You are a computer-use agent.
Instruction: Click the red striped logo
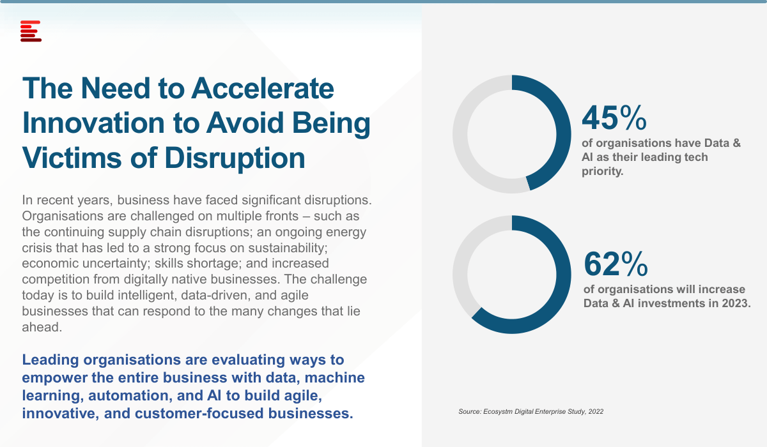click(x=31, y=31)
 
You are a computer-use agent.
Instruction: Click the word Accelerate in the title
click(x=263, y=89)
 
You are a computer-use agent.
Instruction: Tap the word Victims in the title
click(x=72, y=158)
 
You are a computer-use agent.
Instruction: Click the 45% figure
click(x=614, y=118)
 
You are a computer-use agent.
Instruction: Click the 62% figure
click(x=616, y=264)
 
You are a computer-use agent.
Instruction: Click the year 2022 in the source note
click(x=596, y=411)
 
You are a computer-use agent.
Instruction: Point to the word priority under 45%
click(x=603, y=171)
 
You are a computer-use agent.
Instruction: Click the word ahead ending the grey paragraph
click(x=42, y=328)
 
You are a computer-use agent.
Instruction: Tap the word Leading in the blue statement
click(x=50, y=360)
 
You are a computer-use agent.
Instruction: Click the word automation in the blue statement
click(x=128, y=396)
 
